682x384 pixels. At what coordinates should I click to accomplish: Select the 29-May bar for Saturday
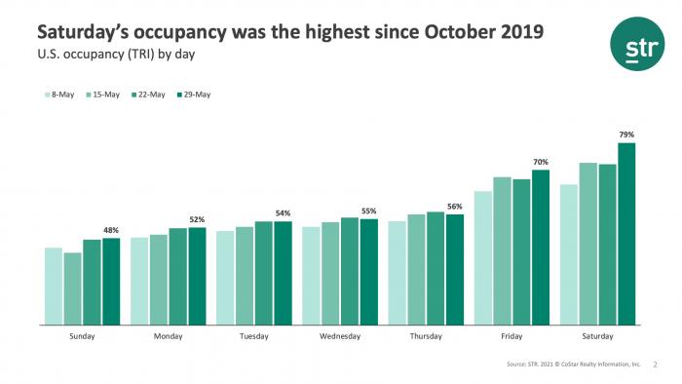(x=626, y=234)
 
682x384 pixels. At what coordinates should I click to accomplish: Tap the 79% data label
(x=626, y=134)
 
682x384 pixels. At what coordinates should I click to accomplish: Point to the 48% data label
(x=111, y=230)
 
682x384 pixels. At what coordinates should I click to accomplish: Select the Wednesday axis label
(x=340, y=336)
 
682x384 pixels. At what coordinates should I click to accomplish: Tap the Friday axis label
(x=511, y=336)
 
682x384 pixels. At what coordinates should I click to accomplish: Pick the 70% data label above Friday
(x=541, y=162)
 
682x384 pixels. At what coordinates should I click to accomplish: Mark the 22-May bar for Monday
(x=177, y=276)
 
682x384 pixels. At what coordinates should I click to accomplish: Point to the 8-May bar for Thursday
(x=397, y=273)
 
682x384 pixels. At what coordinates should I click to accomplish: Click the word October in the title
(x=462, y=32)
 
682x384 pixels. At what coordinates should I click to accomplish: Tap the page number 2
(x=656, y=364)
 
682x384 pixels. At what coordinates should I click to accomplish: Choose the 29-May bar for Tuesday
(x=283, y=273)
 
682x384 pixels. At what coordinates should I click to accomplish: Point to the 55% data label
(x=368, y=211)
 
